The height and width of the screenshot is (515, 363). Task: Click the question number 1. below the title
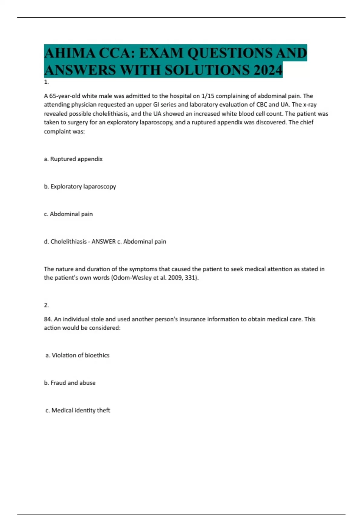[46, 82]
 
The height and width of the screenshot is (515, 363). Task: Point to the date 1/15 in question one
[207, 96]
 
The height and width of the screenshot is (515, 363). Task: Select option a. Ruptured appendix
[73, 159]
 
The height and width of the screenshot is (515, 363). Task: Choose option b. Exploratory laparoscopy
[80, 187]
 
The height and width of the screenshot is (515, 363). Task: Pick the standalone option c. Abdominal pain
[68, 214]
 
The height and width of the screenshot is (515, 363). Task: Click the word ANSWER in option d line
[103, 242]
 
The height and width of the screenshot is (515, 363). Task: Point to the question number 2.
[46, 305]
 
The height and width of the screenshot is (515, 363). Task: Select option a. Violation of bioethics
[77, 355]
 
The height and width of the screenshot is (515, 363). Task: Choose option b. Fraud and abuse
[70, 383]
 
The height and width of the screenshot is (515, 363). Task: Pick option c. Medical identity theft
[78, 410]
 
